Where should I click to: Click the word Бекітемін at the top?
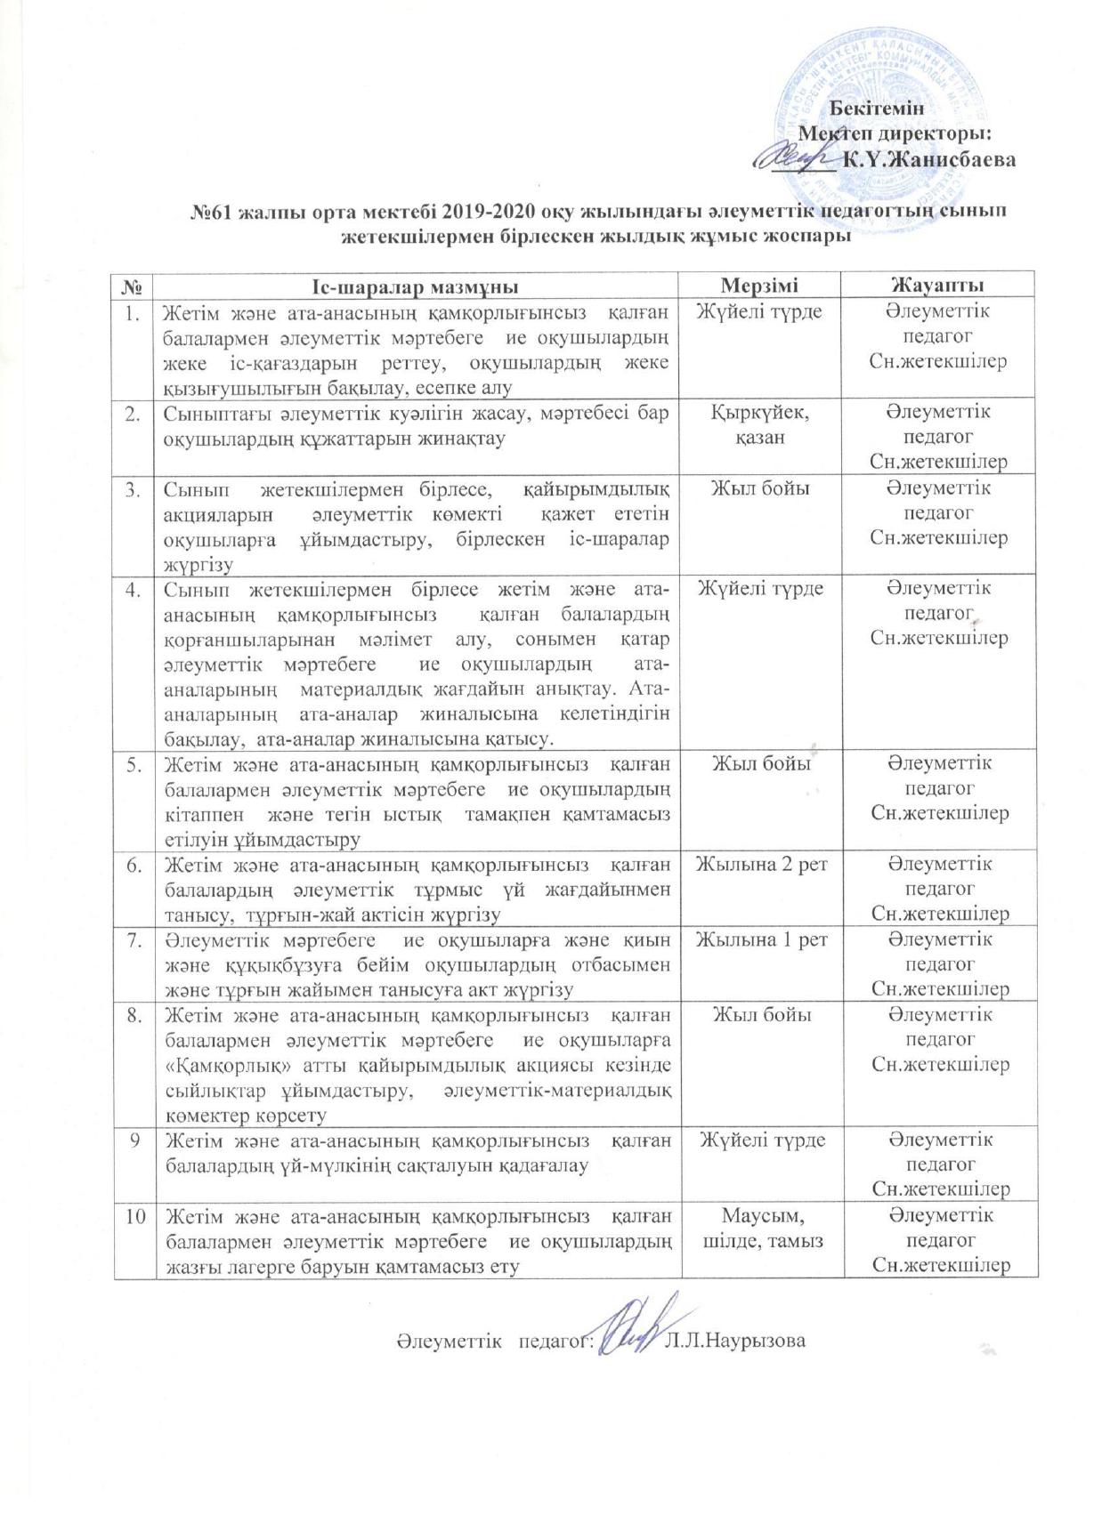[x=879, y=109]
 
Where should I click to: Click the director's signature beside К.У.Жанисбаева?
[x=794, y=157]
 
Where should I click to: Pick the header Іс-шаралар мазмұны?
[x=416, y=286]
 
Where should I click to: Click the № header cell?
[x=134, y=286]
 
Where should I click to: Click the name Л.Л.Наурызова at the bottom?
[x=735, y=1340]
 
